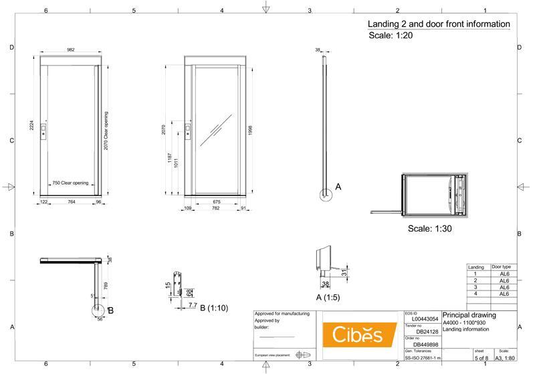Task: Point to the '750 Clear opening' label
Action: pyautogui.click(x=71, y=183)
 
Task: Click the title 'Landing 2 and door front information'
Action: pyautogui.click(x=439, y=24)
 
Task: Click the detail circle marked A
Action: pyautogui.click(x=325, y=195)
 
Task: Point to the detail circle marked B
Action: pyautogui.click(x=98, y=310)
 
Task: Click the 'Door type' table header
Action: pyautogui.click(x=502, y=266)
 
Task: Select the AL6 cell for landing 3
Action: pyautogui.click(x=504, y=287)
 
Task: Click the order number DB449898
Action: pyautogui.click(x=427, y=345)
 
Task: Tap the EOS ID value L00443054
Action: pyautogui.click(x=425, y=320)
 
